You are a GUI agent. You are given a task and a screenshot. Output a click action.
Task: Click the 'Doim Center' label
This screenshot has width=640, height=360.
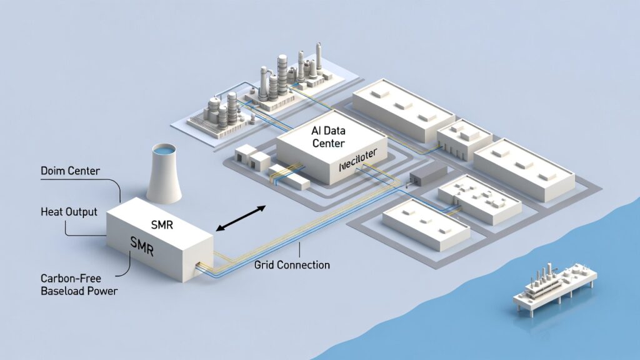click(69, 171)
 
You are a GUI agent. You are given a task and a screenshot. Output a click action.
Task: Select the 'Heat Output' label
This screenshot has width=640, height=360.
click(69, 212)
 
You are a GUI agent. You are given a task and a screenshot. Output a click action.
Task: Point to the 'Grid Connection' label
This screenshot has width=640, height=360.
click(292, 265)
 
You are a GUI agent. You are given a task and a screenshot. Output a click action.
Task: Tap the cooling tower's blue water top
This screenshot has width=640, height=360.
click(164, 151)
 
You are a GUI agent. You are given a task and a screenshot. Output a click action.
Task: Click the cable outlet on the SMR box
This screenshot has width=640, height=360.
click(201, 267)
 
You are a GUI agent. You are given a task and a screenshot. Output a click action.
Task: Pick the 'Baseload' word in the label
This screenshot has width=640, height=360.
click(64, 291)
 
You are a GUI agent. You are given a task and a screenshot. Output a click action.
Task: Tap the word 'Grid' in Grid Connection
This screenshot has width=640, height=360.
click(265, 265)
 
